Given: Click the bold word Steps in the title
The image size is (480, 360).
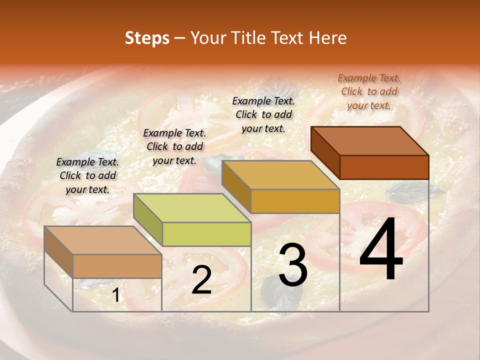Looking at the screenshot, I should [x=147, y=38].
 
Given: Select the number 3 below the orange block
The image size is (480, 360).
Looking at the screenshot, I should [x=293, y=265].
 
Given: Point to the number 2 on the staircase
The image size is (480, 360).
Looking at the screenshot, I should [x=201, y=280].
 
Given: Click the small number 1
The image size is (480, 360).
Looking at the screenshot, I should [x=116, y=296].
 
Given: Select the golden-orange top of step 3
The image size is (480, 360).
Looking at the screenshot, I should [x=280, y=175].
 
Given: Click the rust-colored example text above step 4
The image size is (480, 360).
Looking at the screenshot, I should [x=369, y=91].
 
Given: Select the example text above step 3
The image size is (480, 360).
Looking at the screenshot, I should [x=263, y=114].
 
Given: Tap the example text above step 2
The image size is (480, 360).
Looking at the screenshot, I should [x=174, y=146].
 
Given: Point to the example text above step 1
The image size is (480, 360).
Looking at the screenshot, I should [x=87, y=175].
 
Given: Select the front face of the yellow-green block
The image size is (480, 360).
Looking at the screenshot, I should [x=207, y=234].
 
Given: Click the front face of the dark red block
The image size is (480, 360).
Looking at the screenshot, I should [x=384, y=167].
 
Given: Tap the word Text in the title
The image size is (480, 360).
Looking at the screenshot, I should [x=287, y=38].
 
